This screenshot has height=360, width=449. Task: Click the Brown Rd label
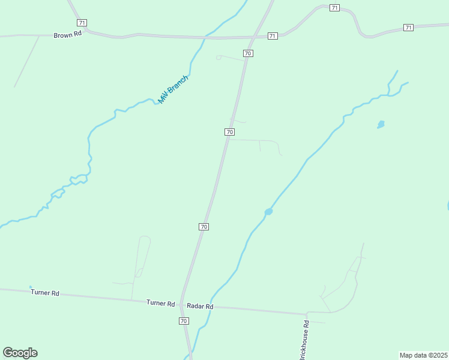(67, 35)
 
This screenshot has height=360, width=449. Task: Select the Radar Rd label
(200, 306)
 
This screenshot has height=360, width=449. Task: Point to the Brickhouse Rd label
(306, 340)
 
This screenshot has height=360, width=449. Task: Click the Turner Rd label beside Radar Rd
(160, 303)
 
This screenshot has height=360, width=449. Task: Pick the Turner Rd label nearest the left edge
(45, 293)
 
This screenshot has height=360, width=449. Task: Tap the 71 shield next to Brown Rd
(82, 22)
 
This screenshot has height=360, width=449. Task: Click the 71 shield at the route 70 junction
(273, 36)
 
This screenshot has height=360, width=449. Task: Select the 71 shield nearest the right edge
(408, 28)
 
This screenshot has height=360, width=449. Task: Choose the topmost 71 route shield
(334, 8)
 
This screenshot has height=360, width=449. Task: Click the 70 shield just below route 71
(248, 53)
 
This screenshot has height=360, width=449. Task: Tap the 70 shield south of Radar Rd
(184, 321)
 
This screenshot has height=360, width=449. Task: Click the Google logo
(20, 352)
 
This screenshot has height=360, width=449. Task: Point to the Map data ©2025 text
(423, 355)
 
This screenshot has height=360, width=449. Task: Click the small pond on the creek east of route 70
(268, 212)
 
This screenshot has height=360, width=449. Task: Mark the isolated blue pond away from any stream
(381, 125)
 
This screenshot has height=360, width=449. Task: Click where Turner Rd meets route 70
(181, 304)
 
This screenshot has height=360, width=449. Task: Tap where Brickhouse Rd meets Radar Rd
(307, 313)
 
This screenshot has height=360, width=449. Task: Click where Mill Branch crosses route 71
(206, 37)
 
